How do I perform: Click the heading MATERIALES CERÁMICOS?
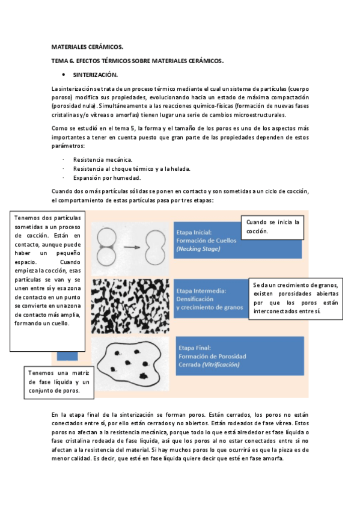tap(87, 47)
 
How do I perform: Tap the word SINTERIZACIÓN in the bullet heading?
tap(95, 75)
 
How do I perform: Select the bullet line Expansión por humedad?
tap(107, 178)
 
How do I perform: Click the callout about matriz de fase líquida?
tap(59, 382)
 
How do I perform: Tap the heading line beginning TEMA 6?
tap(138, 61)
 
